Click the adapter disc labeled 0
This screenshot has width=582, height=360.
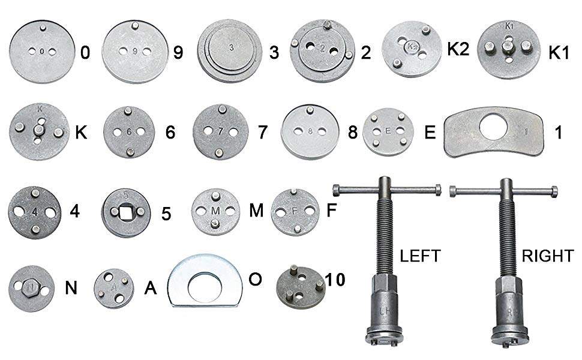pyautogui.click(x=42, y=52)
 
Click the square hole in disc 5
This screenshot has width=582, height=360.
pyautogui.click(x=125, y=212)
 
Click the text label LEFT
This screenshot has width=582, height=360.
pyautogui.click(x=420, y=256)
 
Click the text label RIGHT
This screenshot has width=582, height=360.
pyautogui.click(x=548, y=256)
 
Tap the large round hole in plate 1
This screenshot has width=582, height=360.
pyautogui.click(x=496, y=127)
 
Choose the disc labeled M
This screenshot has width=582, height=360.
pyautogui.click(x=215, y=211)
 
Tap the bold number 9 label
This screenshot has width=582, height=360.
pyautogui.click(x=178, y=52)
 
